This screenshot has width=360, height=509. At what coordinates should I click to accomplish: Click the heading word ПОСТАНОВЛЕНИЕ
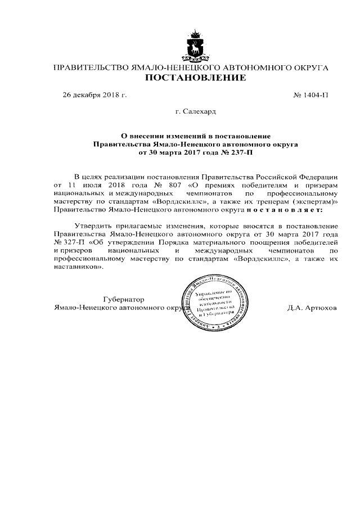pos(195,78)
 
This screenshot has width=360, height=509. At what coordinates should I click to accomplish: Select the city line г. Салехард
pos(195,111)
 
